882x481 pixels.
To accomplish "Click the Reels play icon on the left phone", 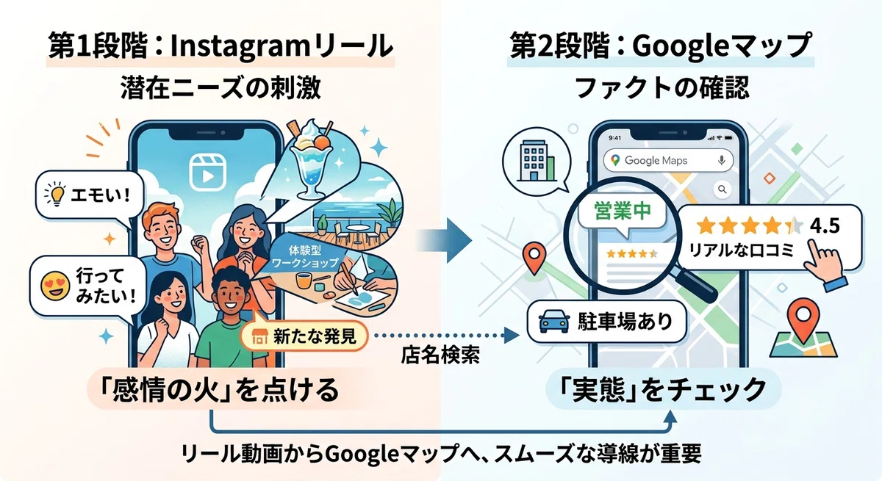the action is (207, 173).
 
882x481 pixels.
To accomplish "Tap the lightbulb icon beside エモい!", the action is (56, 194).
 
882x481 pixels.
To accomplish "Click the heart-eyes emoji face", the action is (56, 286).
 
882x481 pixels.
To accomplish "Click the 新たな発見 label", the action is (304, 336).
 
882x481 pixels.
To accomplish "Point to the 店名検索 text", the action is (440, 355).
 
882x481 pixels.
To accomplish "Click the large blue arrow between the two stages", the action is (444, 240).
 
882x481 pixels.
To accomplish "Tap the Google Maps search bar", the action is (668, 161).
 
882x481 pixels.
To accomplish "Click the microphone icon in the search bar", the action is (721, 160).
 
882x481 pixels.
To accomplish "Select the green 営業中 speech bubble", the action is (622, 214).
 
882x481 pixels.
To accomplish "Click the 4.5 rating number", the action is (825, 225).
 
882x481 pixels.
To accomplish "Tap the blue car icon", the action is (554, 322).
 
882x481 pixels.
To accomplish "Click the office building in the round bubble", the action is (537, 162).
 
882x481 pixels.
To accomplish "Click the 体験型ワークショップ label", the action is (305, 256).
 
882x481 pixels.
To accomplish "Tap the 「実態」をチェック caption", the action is (663, 389).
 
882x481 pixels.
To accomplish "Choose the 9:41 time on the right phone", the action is (614, 137).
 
